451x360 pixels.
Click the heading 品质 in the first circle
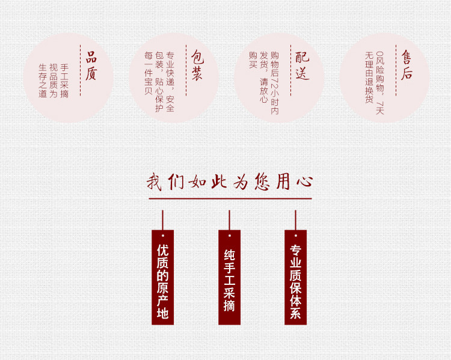(91, 66)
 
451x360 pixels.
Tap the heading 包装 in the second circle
(197, 66)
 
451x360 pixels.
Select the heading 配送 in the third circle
(302, 66)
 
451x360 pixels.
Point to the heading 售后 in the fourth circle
(407, 65)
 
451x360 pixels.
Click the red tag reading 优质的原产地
(162, 277)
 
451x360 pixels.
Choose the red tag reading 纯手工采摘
(229, 277)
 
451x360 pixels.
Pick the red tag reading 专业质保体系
(295, 277)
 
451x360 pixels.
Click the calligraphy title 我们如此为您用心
(230, 182)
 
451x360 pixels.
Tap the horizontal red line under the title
(230, 198)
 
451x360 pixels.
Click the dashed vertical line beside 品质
(80, 70)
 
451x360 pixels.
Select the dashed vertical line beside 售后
(396, 70)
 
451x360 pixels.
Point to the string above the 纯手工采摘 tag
(229, 220)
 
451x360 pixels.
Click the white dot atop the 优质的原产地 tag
(163, 236)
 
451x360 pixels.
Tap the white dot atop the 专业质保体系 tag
(296, 236)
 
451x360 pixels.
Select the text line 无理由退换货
(369, 78)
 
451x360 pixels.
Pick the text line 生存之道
(43, 81)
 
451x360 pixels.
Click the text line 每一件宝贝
(149, 73)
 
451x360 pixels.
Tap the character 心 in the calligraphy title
(305, 181)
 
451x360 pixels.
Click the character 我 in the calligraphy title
(154, 182)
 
